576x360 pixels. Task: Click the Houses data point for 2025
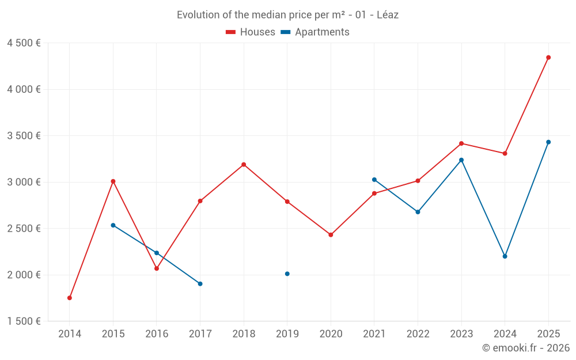pyautogui.click(x=548, y=58)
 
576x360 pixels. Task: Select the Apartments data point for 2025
pyautogui.click(x=548, y=142)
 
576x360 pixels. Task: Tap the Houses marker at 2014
pyautogui.click(x=70, y=298)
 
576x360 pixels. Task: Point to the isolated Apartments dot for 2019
pyautogui.click(x=287, y=274)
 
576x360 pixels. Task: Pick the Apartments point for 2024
pyautogui.click(x=505, y=256)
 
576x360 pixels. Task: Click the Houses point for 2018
pyautogui.click(x=244, y=165)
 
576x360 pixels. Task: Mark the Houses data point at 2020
pyautogui.click(x=331, y=235)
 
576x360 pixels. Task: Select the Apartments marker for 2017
pyautogui.click(x=200, y=283)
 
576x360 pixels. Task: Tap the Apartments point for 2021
pyautogui.click(x=374, y=180)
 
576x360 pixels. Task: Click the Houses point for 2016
pyautogui.click(x=157, y=268)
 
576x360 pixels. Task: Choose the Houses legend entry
pyautogui.click(x=251, y=32)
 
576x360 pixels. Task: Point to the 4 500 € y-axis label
pyautogui.click(x=24, y=43)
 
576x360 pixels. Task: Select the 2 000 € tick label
pyautogui.click(x=24, y=275)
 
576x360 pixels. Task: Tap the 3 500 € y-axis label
pyautogui.click(x=24, y=136)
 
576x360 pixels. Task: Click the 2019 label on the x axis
pyautogui.click(x=287, y=334)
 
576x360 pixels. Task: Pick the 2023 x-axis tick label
pyautogui.click(x=461, y=334)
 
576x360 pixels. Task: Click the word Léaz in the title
pyautogui.click(x=388, y=15)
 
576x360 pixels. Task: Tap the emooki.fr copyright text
pyautogui.click(x=526, y=348)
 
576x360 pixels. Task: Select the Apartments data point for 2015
pyautogui.click(x=113, y=225)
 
